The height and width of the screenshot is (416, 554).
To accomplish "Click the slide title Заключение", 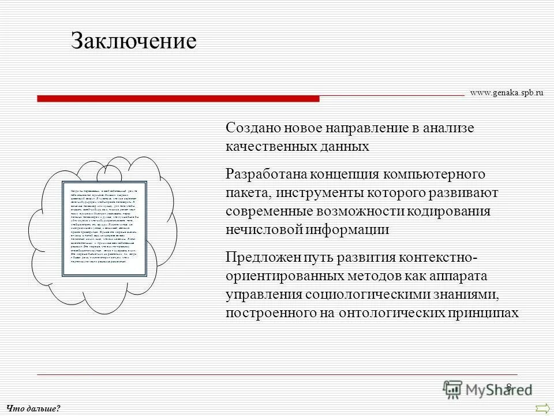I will click(134, 41).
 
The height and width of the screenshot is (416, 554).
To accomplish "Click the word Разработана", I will click(266, 174).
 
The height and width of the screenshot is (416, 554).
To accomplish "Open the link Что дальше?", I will click(33, 408).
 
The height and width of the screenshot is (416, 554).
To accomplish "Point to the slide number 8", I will click(508, 387).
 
